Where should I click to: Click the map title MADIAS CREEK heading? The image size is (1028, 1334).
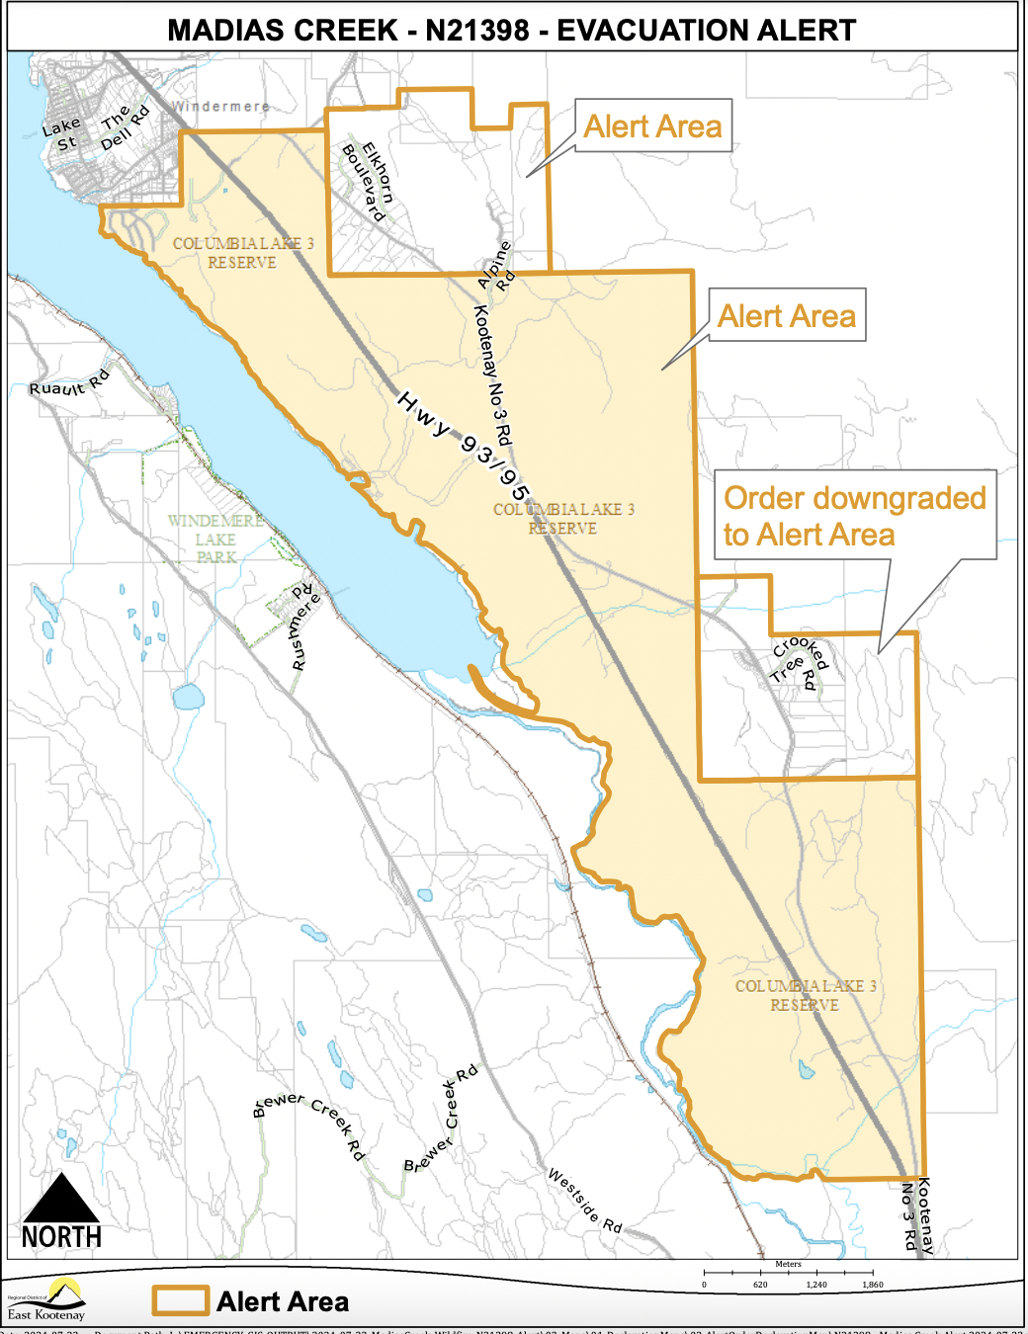511,31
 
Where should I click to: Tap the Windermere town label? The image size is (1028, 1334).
220,107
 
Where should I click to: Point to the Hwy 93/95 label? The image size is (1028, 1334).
464,446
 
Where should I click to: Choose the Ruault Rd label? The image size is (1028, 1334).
69,383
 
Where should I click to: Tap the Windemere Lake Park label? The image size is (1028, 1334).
215,539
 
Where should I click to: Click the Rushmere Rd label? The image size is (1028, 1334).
305,628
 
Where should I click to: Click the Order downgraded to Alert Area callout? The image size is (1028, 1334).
854,515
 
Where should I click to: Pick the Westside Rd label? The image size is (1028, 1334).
585,1201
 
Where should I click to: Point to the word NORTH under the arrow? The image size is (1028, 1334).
61,1237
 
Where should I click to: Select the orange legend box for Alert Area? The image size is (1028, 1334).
180,1300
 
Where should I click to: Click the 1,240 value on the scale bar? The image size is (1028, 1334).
816,1285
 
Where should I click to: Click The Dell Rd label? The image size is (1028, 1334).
124,128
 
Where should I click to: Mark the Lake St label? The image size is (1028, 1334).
62,134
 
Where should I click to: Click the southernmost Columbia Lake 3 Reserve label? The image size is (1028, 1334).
806,995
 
